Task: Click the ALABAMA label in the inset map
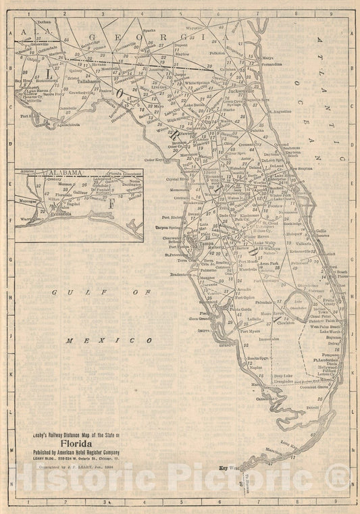click(65, 173)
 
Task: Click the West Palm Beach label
click(325, 327)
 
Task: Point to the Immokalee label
click(278, 340)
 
